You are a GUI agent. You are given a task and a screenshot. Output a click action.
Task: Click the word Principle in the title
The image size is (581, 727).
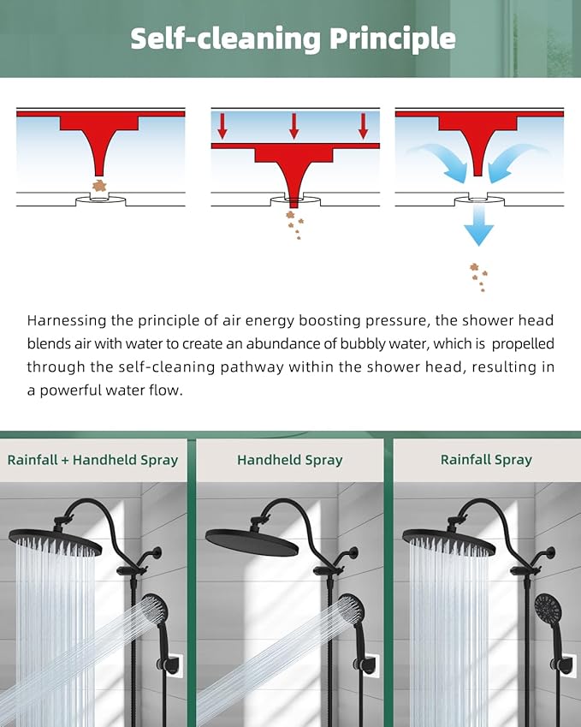click(x=393, y=39)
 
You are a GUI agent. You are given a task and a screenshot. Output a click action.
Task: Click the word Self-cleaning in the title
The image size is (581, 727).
click(x=225, y=38)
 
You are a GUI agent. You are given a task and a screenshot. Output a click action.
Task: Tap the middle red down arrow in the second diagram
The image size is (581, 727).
click(x=293, y=126)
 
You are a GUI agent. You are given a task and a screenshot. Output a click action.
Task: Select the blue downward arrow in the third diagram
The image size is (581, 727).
click(x=478, y=226)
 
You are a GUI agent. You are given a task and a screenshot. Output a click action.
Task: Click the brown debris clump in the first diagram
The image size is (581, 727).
click(x=99, y=186)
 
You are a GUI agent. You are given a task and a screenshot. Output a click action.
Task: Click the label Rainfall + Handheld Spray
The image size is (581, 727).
click(x=92, y=460)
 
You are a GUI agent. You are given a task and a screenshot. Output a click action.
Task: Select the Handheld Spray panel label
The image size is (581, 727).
click(x=290, y=460)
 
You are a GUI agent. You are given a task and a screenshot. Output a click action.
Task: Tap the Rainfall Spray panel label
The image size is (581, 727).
click(x=486, y=460)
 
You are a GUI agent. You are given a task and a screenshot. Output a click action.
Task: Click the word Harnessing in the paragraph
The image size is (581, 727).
click(x=67, y=321)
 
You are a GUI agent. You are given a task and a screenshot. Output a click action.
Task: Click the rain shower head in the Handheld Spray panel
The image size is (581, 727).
click(x=252, y=541)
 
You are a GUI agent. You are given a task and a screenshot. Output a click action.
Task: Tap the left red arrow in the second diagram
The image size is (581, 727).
click(x=222, y=126)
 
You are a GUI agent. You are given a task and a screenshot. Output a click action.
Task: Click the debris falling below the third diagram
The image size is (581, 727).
click(x=478, y=277)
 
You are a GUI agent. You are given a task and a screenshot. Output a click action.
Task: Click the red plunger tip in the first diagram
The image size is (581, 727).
click(x=99, y=172)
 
